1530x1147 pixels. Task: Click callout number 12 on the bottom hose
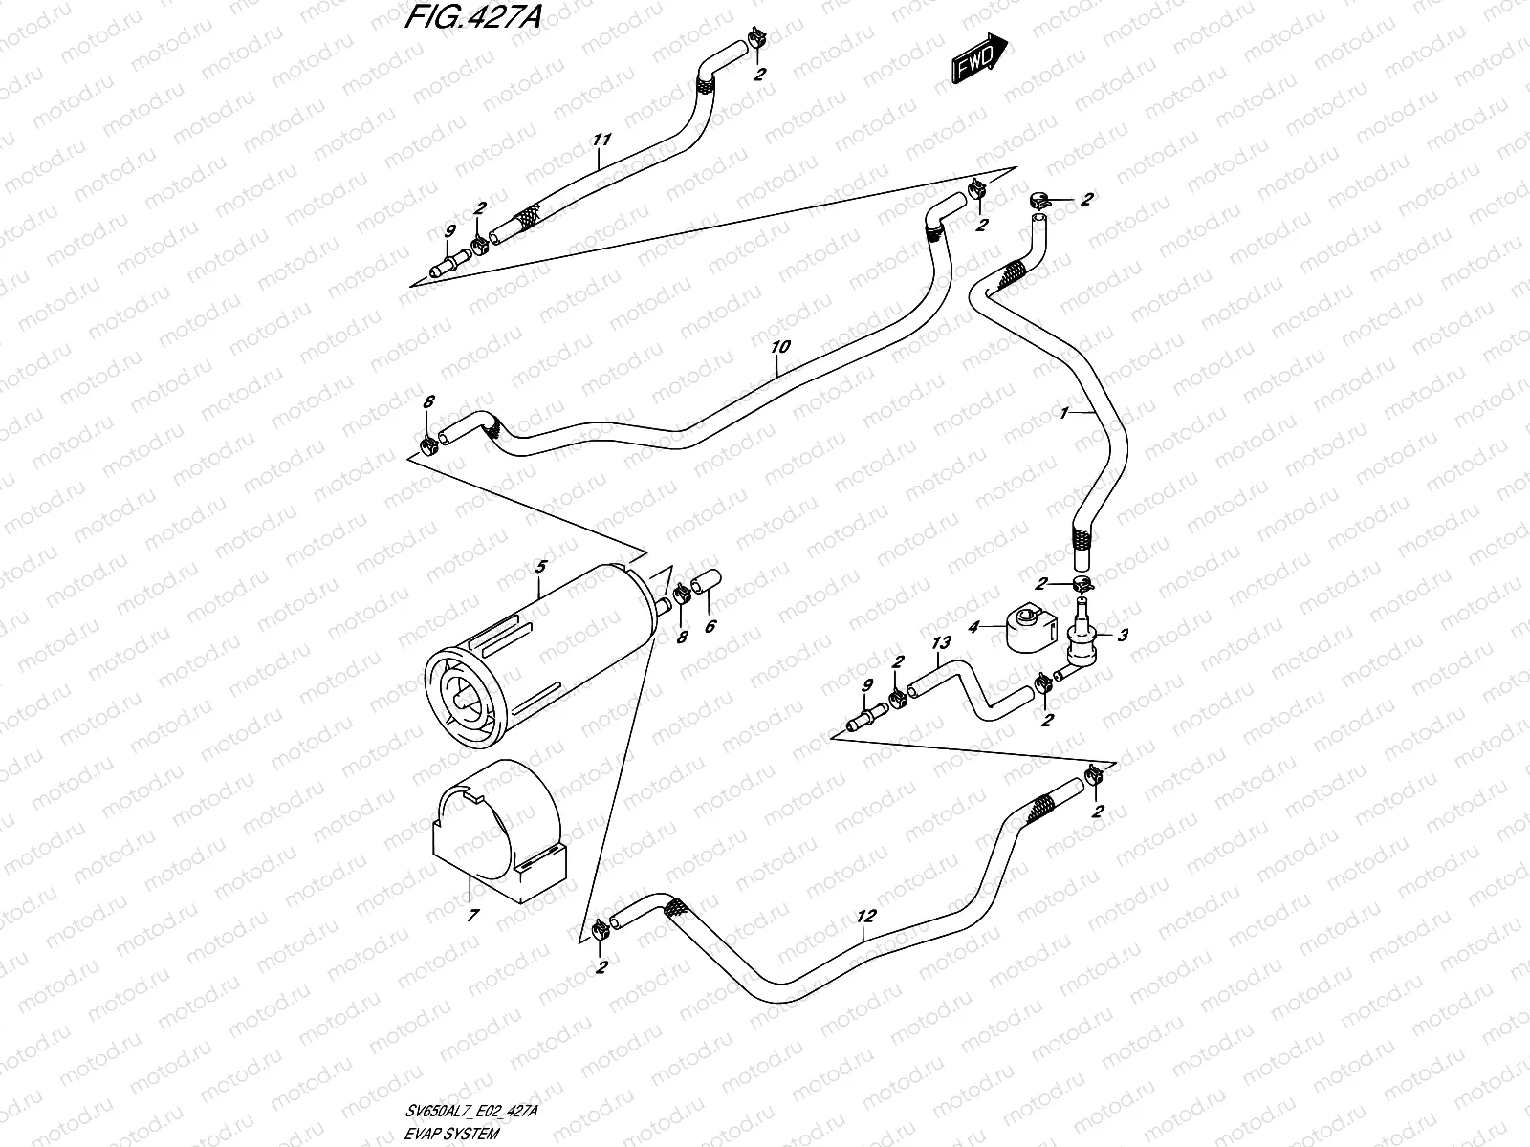[x=866, y=917]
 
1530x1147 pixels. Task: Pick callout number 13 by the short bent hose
[x=941, y=643]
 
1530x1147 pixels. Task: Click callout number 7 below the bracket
[x=472, y=916]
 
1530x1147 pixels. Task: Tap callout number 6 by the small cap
[x=710, y=627]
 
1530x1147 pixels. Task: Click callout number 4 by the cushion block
[x=973, y=628]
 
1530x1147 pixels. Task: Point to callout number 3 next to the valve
[x=1123, y=634]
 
